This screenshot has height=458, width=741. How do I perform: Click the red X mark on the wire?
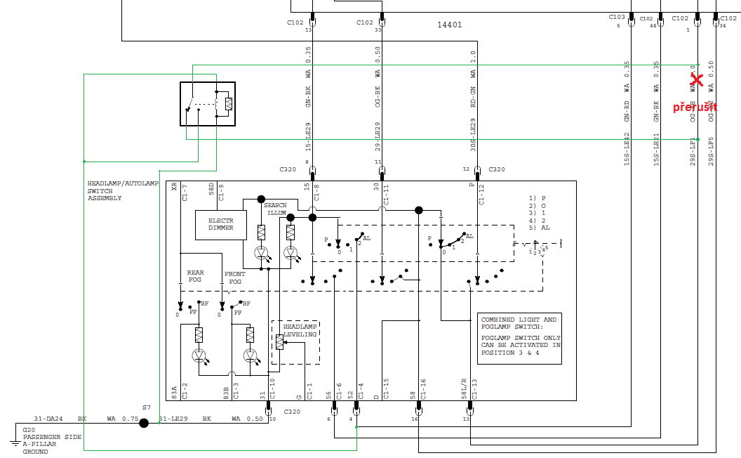point(696,81)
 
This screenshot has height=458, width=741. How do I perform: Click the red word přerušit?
point(695,107)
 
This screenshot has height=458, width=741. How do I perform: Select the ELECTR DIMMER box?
point(220,224)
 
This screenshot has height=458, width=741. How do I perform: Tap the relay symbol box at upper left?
point(207,103)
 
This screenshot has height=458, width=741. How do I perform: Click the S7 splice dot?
point(144,423)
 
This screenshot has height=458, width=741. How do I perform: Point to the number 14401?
point(450,25)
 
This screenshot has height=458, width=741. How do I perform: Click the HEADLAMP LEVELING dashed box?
point(295,342)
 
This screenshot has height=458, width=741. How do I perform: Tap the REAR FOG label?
point(195,276)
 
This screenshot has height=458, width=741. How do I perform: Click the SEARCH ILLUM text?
point(275,209)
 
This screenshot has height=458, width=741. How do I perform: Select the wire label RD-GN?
point(474,95)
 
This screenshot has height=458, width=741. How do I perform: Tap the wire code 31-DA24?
point(48,419)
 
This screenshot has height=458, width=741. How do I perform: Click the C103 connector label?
point(617,17)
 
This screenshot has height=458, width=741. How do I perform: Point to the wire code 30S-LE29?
point(474,136)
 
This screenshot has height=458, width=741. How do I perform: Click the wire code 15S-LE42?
point(627,149)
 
